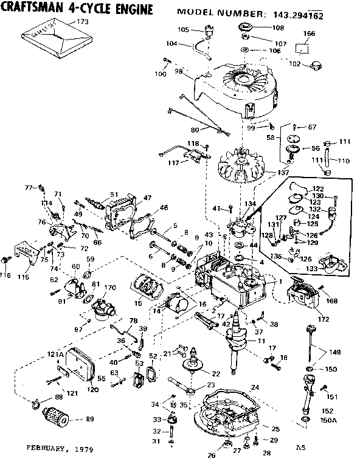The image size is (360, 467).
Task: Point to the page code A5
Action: pos(300,448)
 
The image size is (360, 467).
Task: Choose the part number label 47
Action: pos(147,198)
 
